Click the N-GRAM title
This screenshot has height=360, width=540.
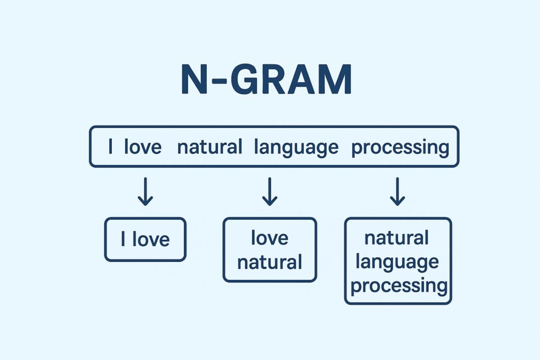[266, 80]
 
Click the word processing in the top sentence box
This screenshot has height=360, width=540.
[400, 147]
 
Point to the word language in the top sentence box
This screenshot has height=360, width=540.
[296, 147]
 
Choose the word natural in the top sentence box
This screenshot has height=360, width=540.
[209, 147]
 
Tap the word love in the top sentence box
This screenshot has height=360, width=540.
[142, 147]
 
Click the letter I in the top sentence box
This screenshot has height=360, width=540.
[110, 147]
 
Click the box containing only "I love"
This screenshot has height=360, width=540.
[145, 240]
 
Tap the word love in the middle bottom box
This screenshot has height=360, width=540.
[269, 238]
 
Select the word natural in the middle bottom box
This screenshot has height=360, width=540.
[269, 261]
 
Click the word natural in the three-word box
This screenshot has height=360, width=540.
[397, 238]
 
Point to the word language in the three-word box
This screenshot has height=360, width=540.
[398, 262]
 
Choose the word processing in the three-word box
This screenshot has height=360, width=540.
[399, 286]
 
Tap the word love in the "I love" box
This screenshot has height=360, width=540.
[151, 240]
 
